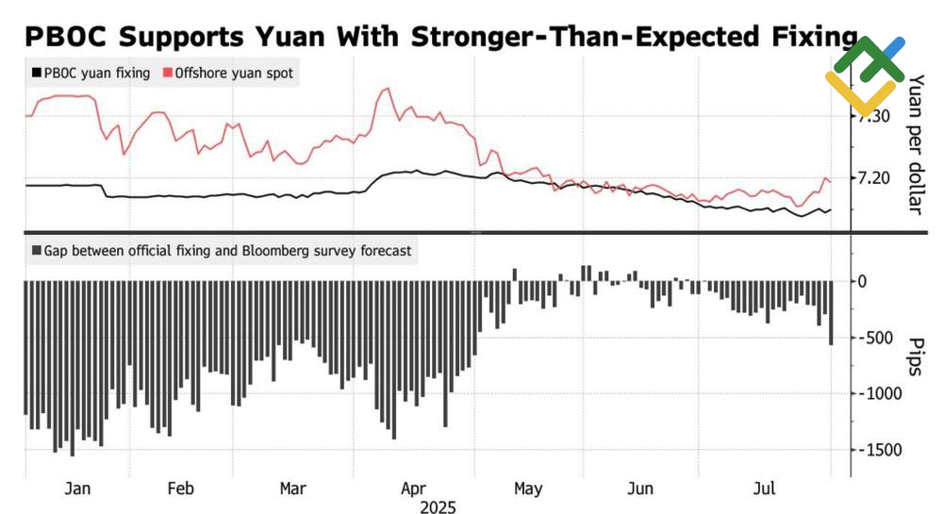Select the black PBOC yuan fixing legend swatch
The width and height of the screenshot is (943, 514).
pyautogui.click(x=36, y=73)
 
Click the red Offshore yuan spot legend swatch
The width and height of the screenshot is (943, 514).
pyautogui.click(x=167, y=73)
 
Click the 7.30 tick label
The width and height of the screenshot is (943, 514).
pyautogui.click(x=872, y=115)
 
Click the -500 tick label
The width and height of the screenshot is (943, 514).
pyautogui.click(x=874, y=338)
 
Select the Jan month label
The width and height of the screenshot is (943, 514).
pyautogui.click(x=77, y=489)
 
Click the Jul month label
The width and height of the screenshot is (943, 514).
pyautogui.click(x=767, y=489)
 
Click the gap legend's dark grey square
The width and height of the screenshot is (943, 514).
pyautogui.click(x=36, y=251)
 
